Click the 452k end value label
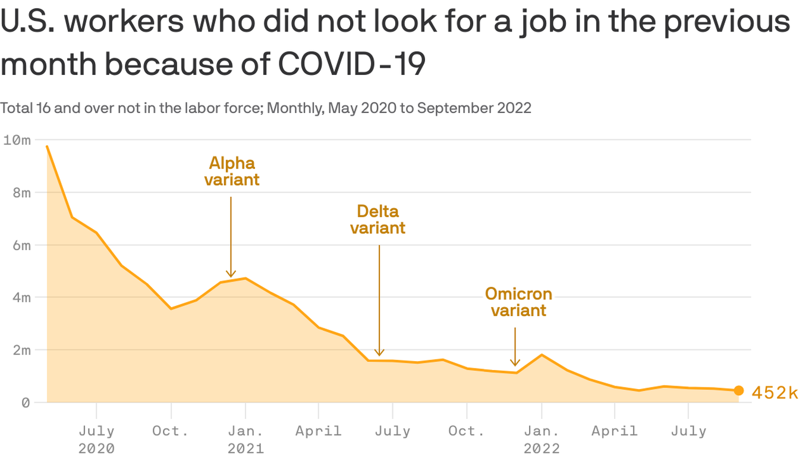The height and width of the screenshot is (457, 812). point(775,393)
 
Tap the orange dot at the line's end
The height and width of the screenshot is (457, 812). point(738,390)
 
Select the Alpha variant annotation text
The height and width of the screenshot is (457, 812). point(232,171)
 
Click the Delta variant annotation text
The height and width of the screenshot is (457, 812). point(377,220)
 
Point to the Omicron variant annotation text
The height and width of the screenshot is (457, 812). point(518,302)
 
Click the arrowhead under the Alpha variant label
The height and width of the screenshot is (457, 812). point(231,274)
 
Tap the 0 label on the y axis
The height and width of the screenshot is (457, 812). point(26,403)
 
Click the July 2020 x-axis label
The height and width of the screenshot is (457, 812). point(96,439)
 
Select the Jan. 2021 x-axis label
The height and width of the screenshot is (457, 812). point(246,439)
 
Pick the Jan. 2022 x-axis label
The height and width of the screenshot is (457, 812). point(542,439)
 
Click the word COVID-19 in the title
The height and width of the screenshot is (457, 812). point(352,64)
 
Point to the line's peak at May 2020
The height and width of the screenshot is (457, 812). point(46,146)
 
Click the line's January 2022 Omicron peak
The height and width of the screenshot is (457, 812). point(542,355)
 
